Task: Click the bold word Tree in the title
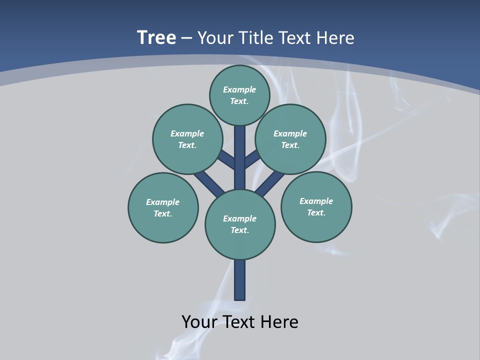pyautogui.click(x=156, y=38)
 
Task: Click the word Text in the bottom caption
pyautogui.click(x=239, y=322)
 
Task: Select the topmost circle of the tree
pyautogui.click(x=239, y=95)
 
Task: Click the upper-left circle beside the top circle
pyautogui.click(x=187, y=139)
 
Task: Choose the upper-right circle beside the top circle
pyautogui.click(x=290, y=139)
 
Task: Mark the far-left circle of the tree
pyautogui.click(x=163, y=207)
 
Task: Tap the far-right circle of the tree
pyautogui.click(x=316, y=206)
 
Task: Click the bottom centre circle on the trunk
pyautogui.click(x=240, y=224)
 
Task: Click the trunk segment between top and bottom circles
pyautogui.click(x=240, y=157)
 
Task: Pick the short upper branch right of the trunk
pyautogui.click(x=251, y=159)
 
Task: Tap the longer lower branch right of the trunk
pyautogui.click(x=270, y=183)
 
